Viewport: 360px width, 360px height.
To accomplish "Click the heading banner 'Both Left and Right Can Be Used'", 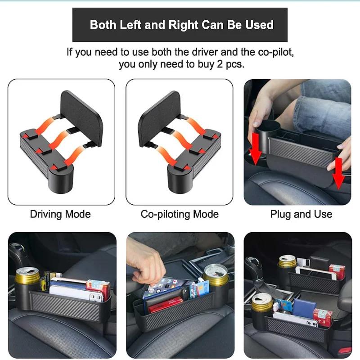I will click(180, 25).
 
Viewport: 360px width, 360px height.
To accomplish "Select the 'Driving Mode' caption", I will click(60, 214).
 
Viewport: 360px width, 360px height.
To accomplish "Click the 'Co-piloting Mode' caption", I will click(180, 214).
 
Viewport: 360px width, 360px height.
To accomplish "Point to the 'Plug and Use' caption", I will click(301, 214).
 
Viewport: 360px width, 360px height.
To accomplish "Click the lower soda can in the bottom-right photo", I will click(262, 306).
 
